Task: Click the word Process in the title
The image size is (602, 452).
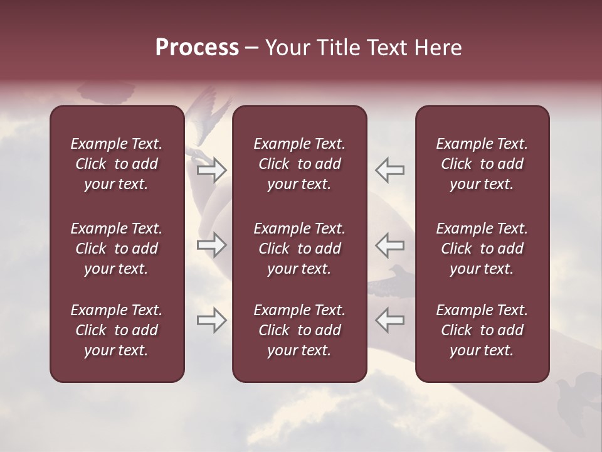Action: pos(197,48)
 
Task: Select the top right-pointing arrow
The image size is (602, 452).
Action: pos(211,170)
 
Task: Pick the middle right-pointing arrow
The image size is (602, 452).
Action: pos(211,245)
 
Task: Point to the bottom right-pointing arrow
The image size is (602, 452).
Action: pos(211,320)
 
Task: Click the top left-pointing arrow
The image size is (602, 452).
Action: pos(389,169)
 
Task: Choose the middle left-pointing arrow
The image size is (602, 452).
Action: pos(389,245)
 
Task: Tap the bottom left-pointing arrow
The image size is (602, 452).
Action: pos(389,320)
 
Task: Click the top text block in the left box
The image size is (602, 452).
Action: pos(117,164)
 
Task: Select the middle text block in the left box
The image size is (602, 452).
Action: pos(117,249)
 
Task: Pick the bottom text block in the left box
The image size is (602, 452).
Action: pos(117,330)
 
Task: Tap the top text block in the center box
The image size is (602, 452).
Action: pos(299,164)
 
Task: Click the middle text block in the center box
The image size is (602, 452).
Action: pos(299,249)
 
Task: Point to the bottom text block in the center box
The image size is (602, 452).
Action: pos(299,330)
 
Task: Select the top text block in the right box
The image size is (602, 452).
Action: pos(482,164)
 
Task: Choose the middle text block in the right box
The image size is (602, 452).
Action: pos(482,249)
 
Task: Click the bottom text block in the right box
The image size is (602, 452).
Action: pos(482,330)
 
